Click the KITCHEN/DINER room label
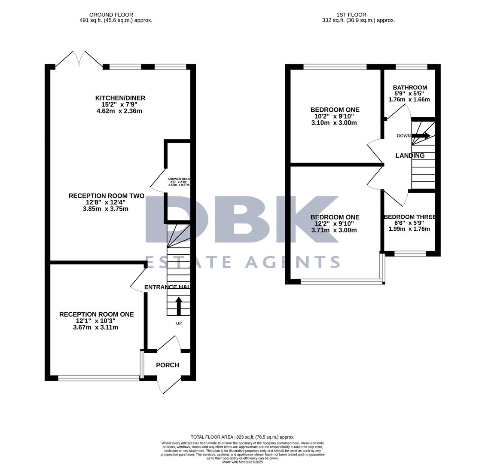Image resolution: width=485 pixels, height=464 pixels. (120, 98)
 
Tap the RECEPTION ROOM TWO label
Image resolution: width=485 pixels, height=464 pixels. (106, 196)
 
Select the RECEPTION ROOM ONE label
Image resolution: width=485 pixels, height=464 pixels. (96, 314)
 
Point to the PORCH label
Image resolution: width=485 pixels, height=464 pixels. (167, 365)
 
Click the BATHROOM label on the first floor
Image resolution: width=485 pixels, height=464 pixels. (410, 88)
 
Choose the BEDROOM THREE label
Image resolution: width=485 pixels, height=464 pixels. (410, 217)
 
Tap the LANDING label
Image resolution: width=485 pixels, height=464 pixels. (410, 156)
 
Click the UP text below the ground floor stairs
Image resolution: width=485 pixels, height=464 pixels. (179, 323)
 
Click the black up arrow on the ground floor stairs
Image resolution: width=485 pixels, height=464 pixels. (179, 306)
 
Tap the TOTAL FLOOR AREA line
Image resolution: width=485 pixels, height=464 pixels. (242, 437)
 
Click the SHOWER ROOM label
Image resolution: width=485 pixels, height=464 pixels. (179, 179)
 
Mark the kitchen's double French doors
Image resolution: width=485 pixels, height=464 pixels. (79, 59)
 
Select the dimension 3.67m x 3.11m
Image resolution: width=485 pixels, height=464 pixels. (95, 327)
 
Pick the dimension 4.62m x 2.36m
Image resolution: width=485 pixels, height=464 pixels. (119, 111)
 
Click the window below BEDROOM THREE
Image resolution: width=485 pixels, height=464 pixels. (410, 253)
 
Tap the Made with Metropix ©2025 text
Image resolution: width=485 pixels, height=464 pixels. (242, 462)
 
